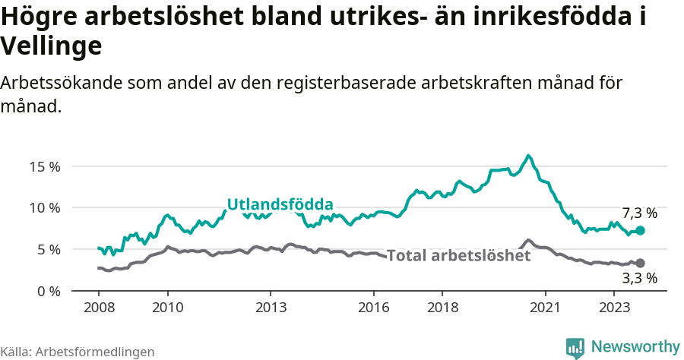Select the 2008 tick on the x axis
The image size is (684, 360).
click(x=99, y=308)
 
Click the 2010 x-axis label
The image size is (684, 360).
click(x=168, y=308)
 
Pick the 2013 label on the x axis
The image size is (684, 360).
click(x=271, y=308)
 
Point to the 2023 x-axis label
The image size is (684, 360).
click(x=614, y=308)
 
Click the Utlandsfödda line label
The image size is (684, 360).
click(x=280, y=204)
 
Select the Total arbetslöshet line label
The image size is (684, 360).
click(x=458, y=255)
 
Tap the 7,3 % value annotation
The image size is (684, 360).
click(x=639, y=213)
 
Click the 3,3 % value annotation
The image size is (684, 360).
click(x=639, y=278)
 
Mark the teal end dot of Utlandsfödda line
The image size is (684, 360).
click(x=640, y=230)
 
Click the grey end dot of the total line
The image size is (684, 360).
click(x=640, y=263)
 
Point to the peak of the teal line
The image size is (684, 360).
click(x=528, y=156)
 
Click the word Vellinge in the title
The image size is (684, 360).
click(x=51, y=47)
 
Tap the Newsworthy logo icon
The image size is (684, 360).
click(x=575, y=347)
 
